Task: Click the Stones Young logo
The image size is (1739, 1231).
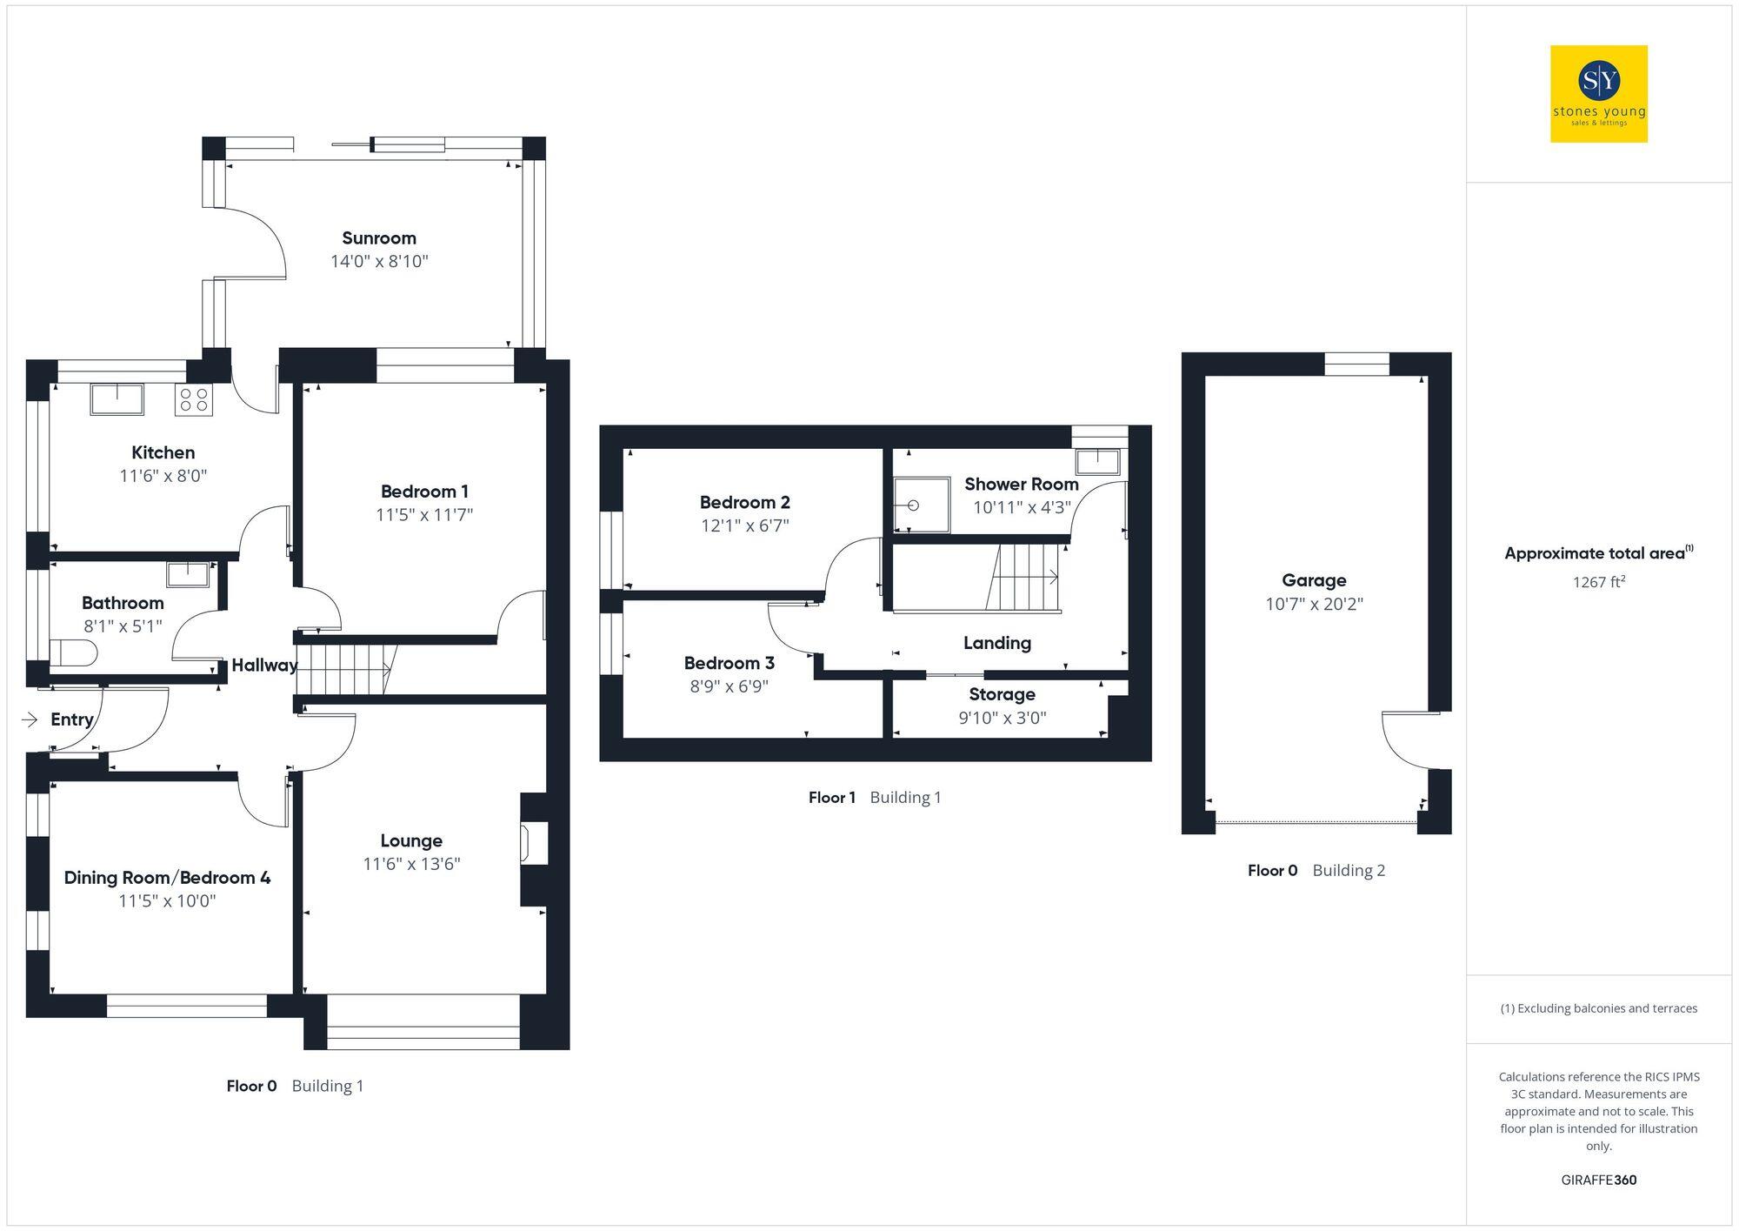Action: (1598, 93)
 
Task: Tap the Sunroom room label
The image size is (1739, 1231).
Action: (378, 238)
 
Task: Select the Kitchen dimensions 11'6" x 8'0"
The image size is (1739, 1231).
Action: (163, 476)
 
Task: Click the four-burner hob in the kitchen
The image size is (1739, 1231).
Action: (193, 400)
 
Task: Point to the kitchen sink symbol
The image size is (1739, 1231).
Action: (117, 399)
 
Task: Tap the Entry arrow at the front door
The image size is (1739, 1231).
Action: (30, 719)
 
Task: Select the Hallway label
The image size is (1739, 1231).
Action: (263, 666)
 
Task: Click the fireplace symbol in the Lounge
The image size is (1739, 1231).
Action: (527, 843)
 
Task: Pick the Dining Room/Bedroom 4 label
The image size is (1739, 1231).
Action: (167, 877)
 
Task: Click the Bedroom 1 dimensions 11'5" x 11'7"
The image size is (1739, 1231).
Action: (423, 515)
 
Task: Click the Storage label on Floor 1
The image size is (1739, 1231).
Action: (1002, 694)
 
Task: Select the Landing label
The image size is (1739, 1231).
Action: (996, 643)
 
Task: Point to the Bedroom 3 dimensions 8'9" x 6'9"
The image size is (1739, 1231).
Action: (729, 686)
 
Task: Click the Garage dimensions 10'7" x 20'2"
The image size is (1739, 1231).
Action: (1313, 604)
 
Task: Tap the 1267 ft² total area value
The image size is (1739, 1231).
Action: (1597, 582)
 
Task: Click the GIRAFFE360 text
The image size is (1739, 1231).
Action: (1598, 1180)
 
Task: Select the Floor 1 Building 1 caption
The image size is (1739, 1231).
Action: (874, 797)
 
